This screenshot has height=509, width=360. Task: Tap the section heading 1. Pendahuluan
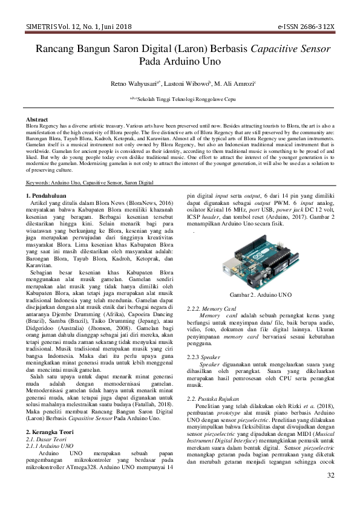pyautogui.click(x=51, y=196)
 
